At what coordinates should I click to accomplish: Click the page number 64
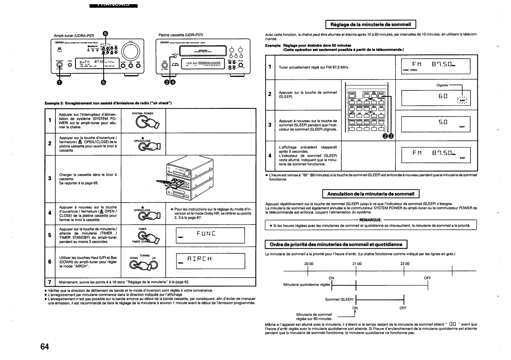tap(45, 346)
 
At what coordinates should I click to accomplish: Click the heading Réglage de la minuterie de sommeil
tap(370, 24)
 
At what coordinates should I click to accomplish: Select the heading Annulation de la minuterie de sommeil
tap(370, 194)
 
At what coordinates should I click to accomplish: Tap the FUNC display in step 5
tap(210, 235)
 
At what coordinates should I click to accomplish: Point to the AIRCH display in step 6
tap(210, 261)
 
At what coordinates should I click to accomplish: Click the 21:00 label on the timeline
tap(356, 264)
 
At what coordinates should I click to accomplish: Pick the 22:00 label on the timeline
tap(404, 264)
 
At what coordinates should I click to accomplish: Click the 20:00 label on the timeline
tap(309, 264)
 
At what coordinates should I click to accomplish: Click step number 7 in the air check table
tap(50, 282)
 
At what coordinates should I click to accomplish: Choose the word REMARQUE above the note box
tap(370, 220)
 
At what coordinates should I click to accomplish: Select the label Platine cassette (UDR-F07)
tap(181, 35)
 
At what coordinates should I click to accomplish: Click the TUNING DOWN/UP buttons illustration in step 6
tap(144, 264)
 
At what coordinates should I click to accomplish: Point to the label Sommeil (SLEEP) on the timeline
tap(339, 299)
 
